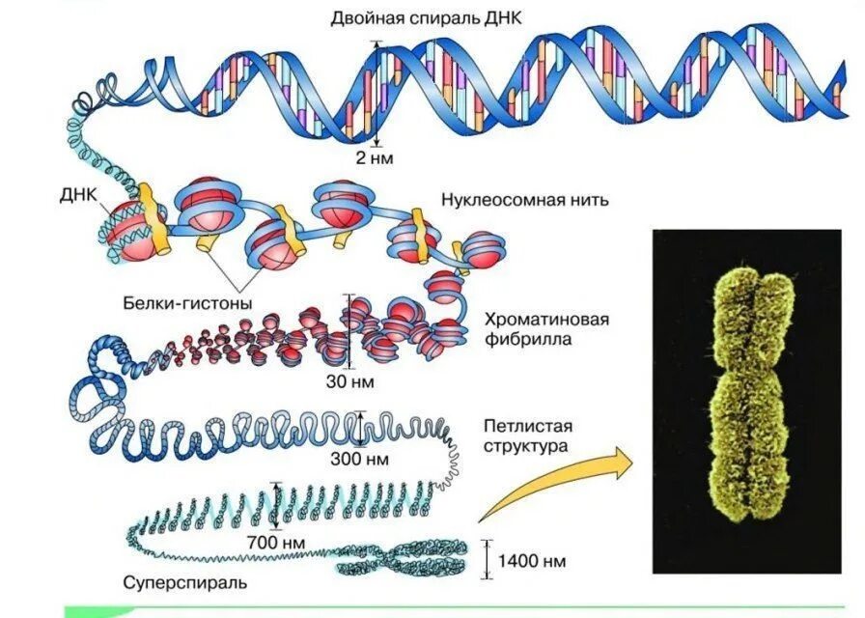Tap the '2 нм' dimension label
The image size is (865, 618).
(x=373, y=155)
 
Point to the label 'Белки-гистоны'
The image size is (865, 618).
(x=187, y=303)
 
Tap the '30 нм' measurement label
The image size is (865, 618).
(x=349, y=381)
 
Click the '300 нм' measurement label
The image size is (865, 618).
(x=358, y=457)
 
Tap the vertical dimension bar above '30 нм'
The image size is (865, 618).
(x=349, y=332)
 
